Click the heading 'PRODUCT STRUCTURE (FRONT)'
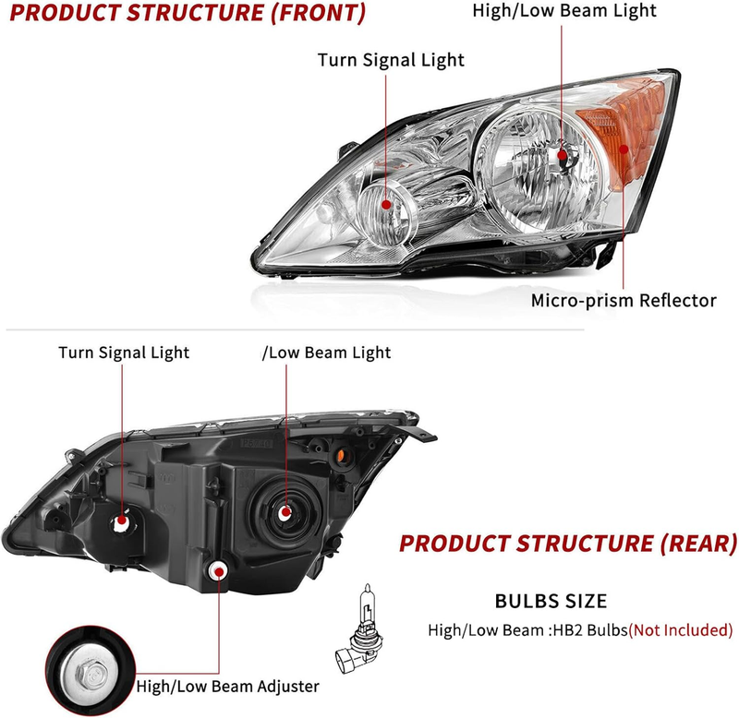(x=188, y=13)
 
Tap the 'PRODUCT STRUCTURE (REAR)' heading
(x=568, y=544)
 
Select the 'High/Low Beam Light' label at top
(x=564, y=11)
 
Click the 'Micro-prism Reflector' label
(x=624, y=300)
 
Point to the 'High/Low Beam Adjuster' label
(x=227, y=687)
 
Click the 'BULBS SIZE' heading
(x=551, y=601)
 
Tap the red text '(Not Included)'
(x=681, y=630)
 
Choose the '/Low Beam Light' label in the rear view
(x=326, y=353)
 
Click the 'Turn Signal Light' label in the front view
(x=391, y=60)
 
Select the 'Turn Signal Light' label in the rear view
(x=124, y=353)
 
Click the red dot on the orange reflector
(x=624, y=150)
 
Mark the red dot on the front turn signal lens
(x=386, y=204)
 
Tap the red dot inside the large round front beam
(x=562, y=155)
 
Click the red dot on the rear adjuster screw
(x=219, y=572)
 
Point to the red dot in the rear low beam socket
(x=285, y=513)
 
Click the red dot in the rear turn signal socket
(x=122, y=520)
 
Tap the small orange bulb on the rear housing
(x=341, y=455)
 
